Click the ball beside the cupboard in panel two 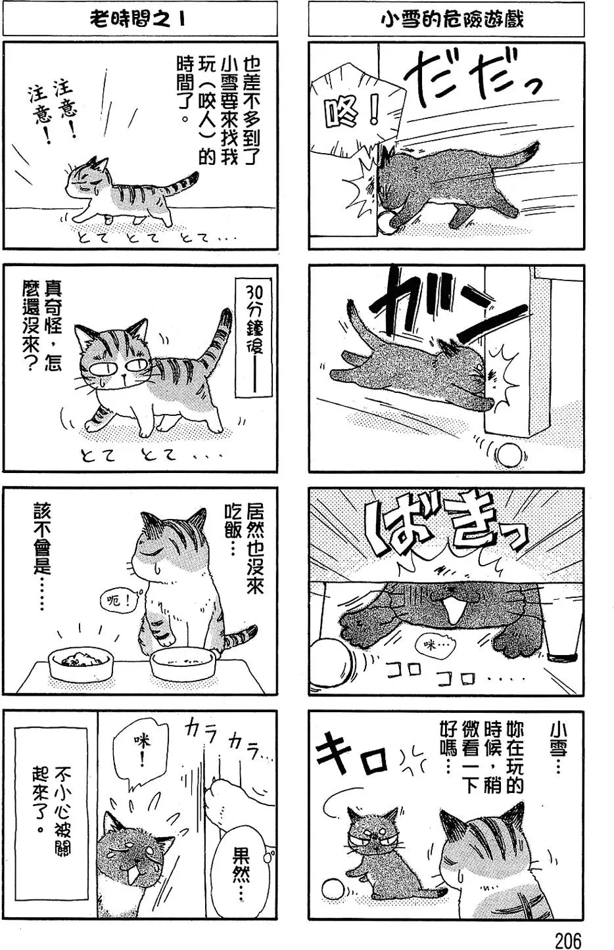(x=508, y=455)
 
